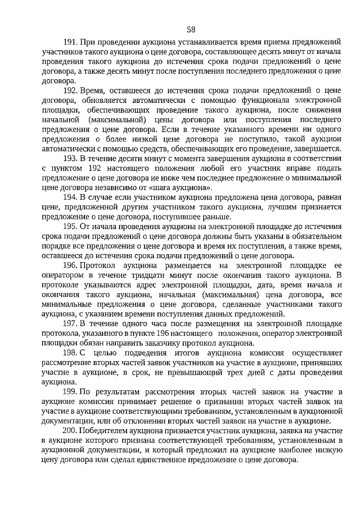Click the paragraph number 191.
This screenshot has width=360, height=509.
[70, 43]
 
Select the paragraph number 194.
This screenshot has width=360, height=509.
[70, 197]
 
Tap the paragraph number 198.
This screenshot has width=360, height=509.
[70, 352]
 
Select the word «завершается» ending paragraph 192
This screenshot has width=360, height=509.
[317, 149]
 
